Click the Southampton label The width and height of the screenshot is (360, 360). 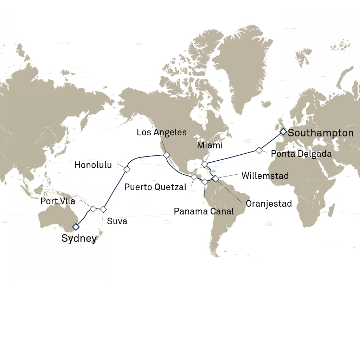[321, 133]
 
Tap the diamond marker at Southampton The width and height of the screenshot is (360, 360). [283, 131]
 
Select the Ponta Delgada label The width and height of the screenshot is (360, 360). [301, 154]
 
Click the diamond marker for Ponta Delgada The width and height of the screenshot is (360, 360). [259, 150]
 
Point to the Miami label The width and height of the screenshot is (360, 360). [210, 145]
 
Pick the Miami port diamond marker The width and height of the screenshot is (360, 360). [205, 164]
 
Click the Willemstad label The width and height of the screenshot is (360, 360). [265, 176]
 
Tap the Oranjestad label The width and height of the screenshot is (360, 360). [269, 204]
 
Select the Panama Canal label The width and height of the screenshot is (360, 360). [204, 211]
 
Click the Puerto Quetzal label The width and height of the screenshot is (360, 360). [155, 187]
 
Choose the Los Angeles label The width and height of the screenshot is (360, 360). [162, 133]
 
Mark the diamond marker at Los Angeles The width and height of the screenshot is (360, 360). [166, 155]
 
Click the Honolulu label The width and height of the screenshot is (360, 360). [93, 165]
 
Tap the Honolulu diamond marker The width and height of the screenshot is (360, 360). [127, 169]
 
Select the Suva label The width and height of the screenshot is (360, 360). [117, 221]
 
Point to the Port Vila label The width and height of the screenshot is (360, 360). [58, 201]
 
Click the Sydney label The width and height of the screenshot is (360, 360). [79, 238]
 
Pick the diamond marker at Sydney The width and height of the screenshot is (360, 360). [76, 227]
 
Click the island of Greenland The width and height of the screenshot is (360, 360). [243, 67]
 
